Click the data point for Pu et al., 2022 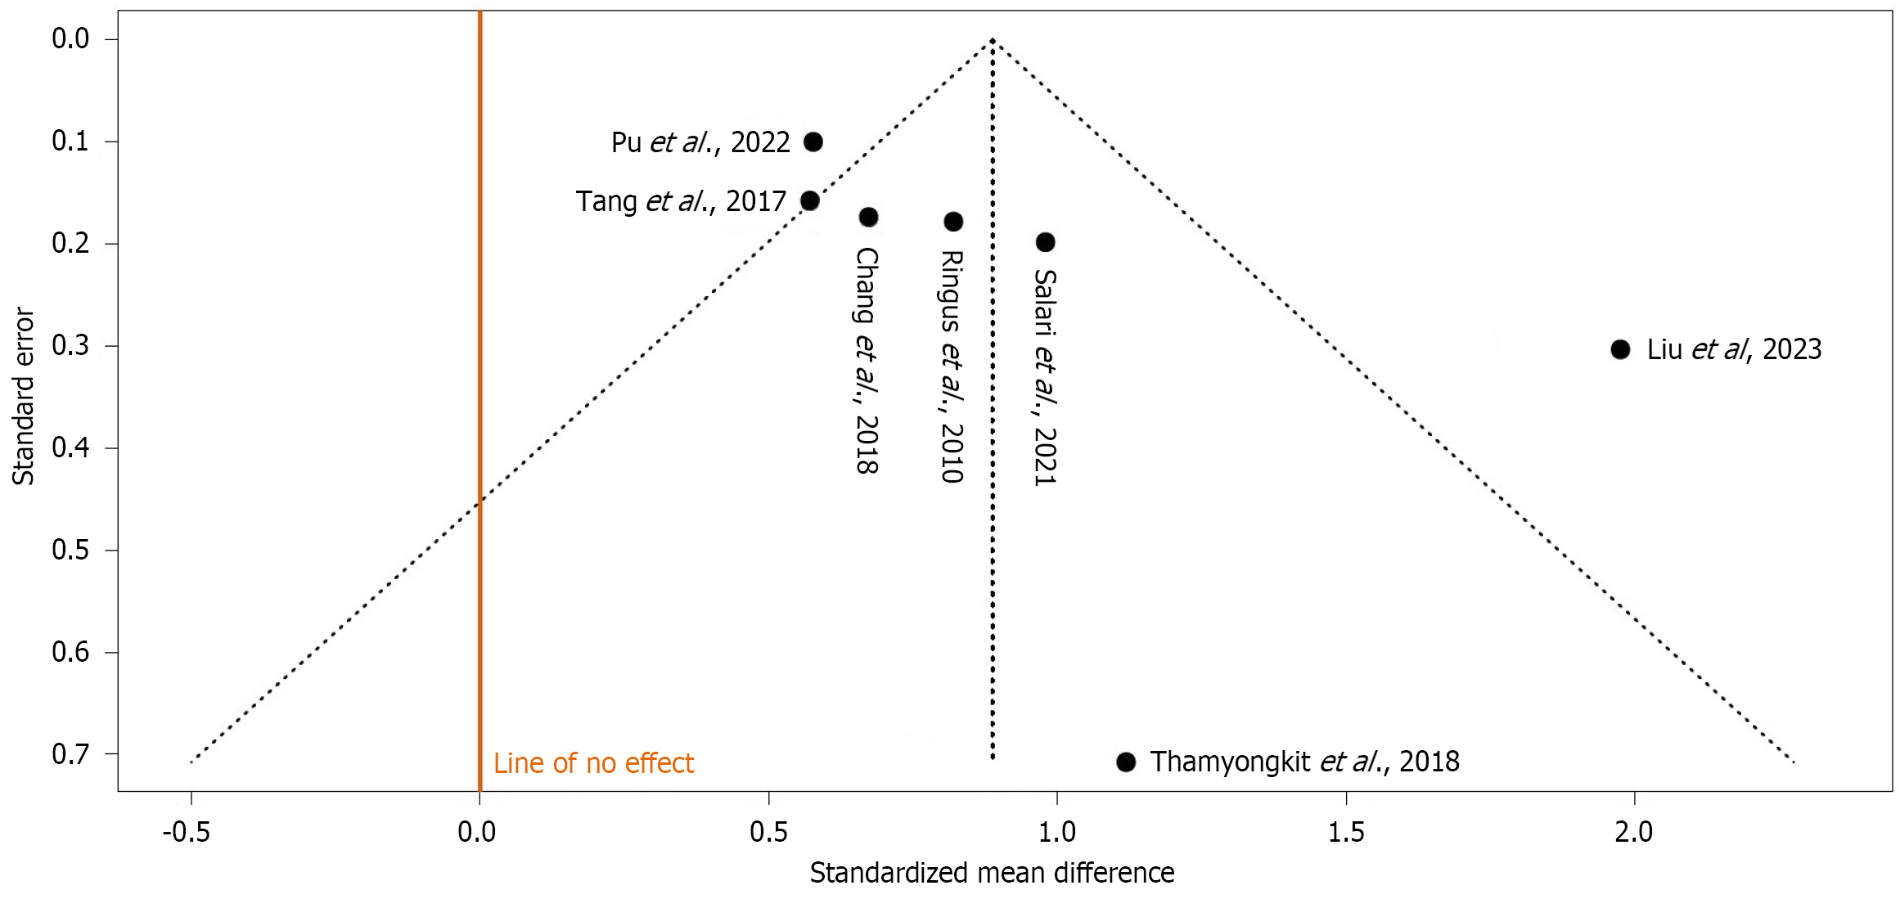(813, 142)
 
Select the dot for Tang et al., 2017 (809, 200)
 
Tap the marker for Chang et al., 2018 (868, 217)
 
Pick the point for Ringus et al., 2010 (953, 221)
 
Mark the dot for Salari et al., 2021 (1045, 242)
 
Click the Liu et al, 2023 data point (1620, 349)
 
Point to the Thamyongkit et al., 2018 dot (1126, 762)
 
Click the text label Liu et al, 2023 (1734, 349)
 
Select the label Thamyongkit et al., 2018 (1304, 762)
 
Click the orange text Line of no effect (593, 763)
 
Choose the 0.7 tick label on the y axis (71, 753)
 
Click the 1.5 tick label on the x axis (1346, 833)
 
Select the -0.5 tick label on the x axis (187, 833)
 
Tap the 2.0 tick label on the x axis (1633, 833)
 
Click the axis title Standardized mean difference (992, 873)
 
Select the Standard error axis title (23, 397)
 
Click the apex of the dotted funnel (993, 39)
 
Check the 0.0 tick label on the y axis (71, 38)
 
